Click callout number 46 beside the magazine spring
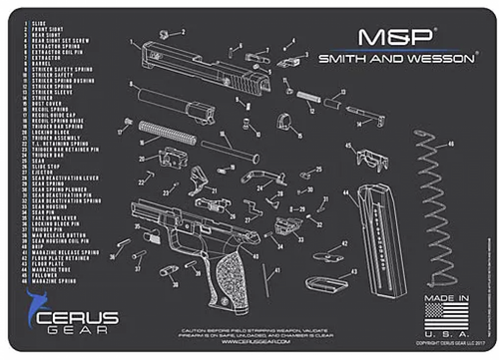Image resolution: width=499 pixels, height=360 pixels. pyautogui.click(x=451, y=145)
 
